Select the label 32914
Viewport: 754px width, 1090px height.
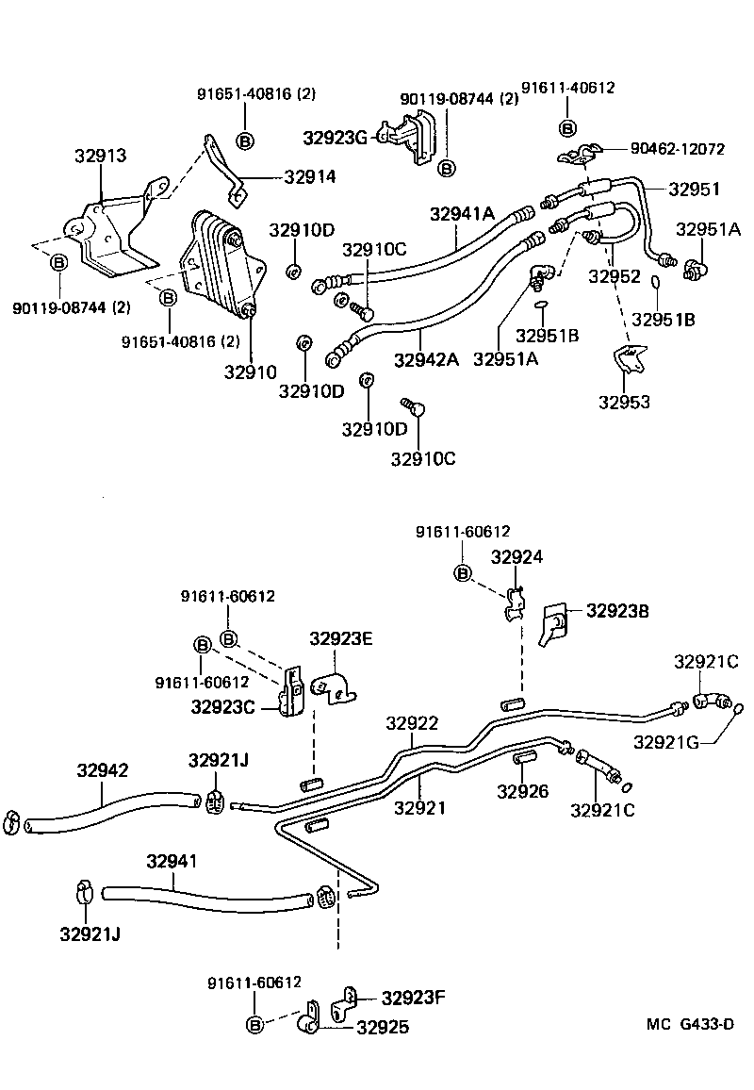pos(309,176)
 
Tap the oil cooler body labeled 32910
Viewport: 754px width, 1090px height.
pos(222,264)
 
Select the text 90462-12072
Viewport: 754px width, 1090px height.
pos(677,149)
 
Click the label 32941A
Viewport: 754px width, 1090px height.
pos(462,214)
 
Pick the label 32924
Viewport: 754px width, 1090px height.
pos(516,556)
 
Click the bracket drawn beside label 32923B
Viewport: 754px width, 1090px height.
pos(553,623)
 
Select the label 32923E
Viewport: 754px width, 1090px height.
pos(341,639)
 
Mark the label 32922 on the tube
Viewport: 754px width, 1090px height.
pos(412,723)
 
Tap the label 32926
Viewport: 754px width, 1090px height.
pos(523,790)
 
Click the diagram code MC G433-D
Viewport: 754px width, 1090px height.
pos(689,1025)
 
